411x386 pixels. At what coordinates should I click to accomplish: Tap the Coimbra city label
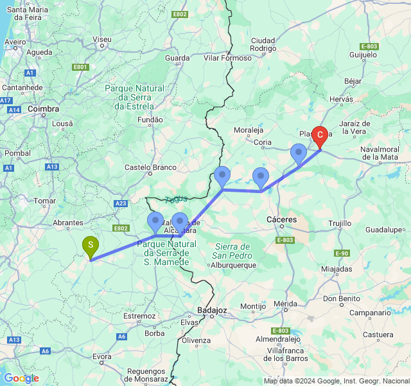(44, 109)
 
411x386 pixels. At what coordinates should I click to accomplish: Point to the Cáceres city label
(282, 220)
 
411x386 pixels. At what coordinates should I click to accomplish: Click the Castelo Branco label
(150, 167)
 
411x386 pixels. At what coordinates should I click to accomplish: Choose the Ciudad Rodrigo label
(263, 44)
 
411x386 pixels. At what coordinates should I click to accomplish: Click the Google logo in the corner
(21, 378)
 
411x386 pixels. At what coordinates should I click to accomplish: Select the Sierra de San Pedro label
(232, 251)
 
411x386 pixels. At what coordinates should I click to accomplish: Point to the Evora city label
(103, 356)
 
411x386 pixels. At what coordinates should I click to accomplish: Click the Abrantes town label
(68, 223)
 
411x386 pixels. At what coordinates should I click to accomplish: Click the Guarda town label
(177, 58)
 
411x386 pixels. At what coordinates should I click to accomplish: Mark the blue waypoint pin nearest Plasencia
(298, 154)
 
